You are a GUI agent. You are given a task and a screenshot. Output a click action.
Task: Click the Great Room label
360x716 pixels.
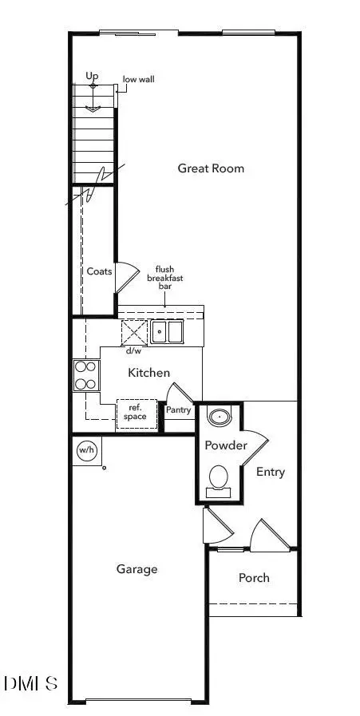211,168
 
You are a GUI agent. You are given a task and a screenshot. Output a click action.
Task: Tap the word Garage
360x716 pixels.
137,569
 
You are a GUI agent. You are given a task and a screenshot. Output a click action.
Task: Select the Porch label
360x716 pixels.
254,578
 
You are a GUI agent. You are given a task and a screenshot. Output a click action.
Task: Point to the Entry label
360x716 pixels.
271,473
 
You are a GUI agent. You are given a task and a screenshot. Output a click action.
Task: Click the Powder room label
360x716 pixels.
226,445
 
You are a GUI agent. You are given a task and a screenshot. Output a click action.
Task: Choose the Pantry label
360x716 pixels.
178,410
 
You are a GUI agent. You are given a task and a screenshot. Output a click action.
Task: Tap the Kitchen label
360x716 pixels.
148,373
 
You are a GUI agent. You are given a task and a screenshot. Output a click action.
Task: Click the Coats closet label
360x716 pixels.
99,271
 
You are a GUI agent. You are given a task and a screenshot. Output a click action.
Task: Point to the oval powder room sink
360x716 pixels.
220,417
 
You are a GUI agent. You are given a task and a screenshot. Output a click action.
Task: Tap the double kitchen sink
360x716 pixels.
167,331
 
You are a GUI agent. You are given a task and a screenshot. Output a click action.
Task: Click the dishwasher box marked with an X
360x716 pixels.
134,332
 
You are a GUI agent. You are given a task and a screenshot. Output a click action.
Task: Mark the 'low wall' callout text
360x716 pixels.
138,80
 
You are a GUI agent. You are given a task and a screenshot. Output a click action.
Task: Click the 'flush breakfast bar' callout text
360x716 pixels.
164,278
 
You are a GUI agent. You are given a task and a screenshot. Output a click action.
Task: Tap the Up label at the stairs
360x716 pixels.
92,76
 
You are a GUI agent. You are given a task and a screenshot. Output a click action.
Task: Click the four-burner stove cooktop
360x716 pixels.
86,375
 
